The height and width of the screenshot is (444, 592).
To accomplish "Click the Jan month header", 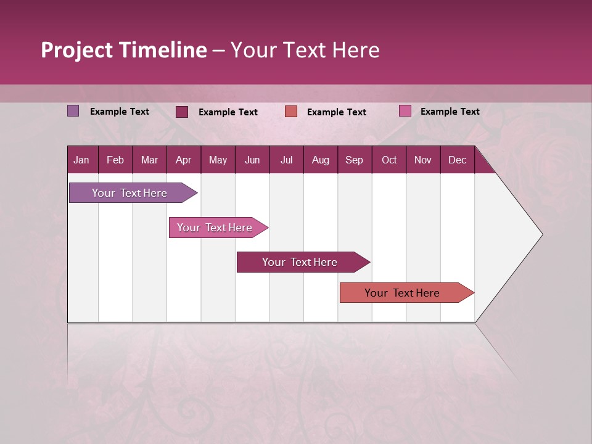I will (81, 160).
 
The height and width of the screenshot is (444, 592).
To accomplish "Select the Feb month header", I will (115, 160).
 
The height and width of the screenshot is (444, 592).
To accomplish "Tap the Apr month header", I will (183, 160).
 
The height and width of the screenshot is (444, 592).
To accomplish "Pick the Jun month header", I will (252, 160).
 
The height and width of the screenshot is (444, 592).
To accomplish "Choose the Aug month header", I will (320, 160).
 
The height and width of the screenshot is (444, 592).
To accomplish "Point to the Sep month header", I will (354, 160).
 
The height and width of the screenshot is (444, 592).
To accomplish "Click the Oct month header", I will (389, 160).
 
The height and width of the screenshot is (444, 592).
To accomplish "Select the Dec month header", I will (457, 160).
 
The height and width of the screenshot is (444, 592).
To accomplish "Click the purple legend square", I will (73, 111).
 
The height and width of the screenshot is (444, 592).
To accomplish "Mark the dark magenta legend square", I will (182, 112).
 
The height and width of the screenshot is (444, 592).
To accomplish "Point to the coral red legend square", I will (291, 112).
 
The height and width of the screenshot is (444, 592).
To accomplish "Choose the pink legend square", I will (405, 111).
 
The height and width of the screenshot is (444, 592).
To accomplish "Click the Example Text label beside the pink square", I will (450, 112).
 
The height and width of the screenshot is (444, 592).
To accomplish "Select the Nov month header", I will (422, 160).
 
